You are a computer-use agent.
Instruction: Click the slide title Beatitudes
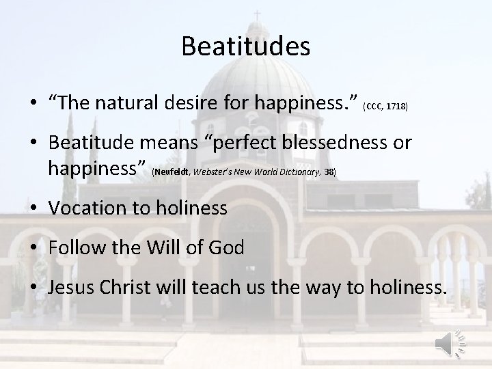point(246,46)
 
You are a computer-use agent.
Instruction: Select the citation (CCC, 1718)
point(385,107)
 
